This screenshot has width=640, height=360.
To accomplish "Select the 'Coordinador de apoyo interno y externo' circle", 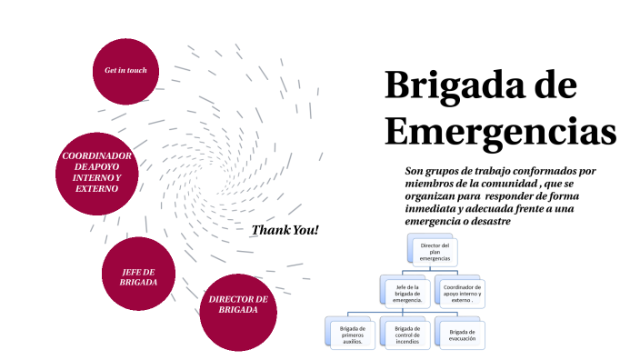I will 97,173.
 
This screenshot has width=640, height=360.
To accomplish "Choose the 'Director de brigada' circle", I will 238,305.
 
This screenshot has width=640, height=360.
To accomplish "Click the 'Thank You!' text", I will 285,230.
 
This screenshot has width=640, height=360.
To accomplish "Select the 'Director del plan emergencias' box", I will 435,252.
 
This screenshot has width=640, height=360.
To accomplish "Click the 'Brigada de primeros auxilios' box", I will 352,334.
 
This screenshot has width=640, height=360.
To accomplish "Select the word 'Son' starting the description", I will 415,170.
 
